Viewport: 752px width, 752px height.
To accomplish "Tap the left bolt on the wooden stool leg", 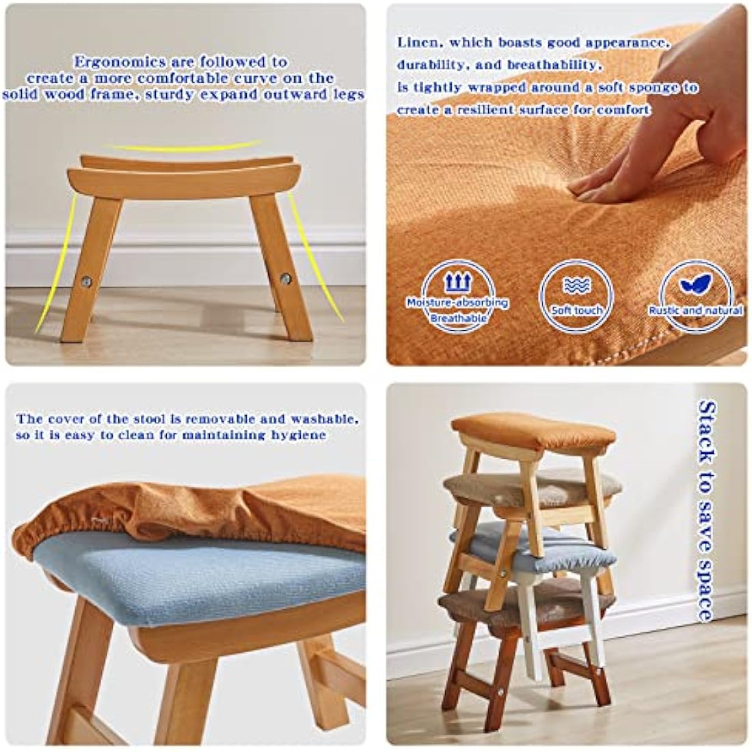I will tap(86, 281).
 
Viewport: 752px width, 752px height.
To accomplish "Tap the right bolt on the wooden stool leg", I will tap(285, 278).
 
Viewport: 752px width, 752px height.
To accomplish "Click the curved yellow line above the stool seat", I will tap(185, 147).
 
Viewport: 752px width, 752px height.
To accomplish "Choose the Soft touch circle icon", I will tap(576, 295).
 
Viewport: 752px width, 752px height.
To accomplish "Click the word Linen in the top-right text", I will tap(418, 43).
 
